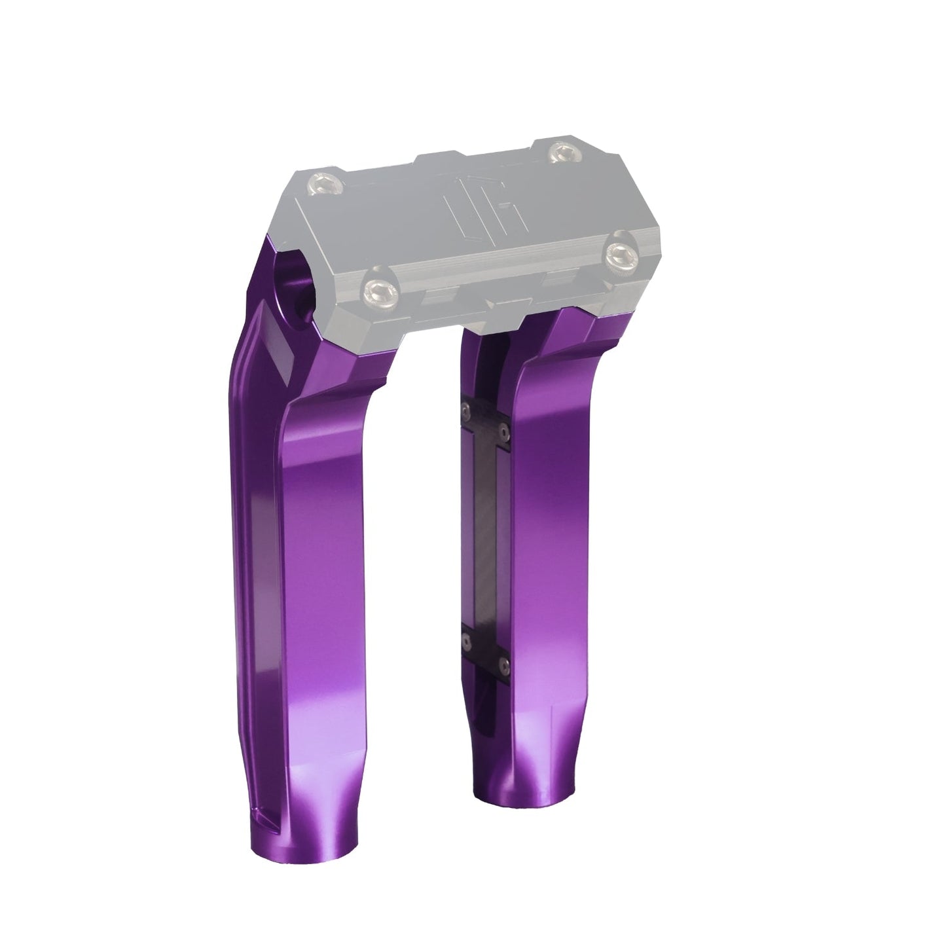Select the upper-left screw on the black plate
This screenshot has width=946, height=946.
click(465, 409)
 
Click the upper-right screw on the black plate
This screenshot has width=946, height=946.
click(503, 429)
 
